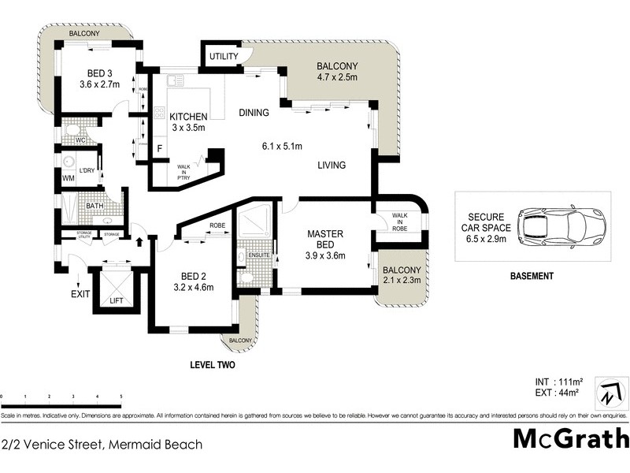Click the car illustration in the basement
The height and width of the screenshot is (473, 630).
pyautogui.click(x=561, y=225)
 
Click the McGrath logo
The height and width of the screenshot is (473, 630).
pyautogui.click(x=571, y=438)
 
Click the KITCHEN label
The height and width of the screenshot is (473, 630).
pyautogui.click(x=188, y=117)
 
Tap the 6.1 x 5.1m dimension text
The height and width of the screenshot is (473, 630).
pyautogui.click(x=283, y=145)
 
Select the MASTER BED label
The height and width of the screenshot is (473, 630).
pyautogui.click(x=323, y=239)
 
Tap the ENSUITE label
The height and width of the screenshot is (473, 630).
pyautogui.click(x=259, y=255)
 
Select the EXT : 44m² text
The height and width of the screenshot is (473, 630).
pyautogui.click(x=557, y=392)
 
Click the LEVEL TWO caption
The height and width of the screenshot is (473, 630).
pyautogui.click(x=213, y=366)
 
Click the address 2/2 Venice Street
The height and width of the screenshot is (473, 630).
pyautogui.click(x=102, y=445)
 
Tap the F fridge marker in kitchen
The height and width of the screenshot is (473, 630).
pyautogui.click(x=160, y=147)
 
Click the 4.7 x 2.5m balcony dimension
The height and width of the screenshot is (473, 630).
pyautogui.click(x=337, y=77)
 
